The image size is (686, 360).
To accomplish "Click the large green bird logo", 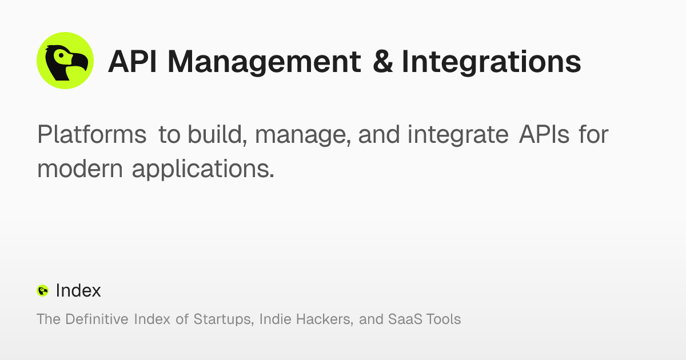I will [x=65, y=61].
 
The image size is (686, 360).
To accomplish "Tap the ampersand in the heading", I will [x=382, y=62].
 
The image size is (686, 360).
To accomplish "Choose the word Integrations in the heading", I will [x=491, y=62].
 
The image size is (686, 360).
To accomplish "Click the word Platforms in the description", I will [x=91, y=135].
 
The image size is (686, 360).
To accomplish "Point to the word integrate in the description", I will [x=458, y=135].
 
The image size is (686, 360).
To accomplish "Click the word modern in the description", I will [x=79, y=169].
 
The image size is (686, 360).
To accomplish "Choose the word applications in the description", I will [x=203, y=169].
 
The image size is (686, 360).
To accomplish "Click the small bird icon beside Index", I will [x=42, y=291].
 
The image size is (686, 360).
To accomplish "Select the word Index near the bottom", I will [x=78, y=291].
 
